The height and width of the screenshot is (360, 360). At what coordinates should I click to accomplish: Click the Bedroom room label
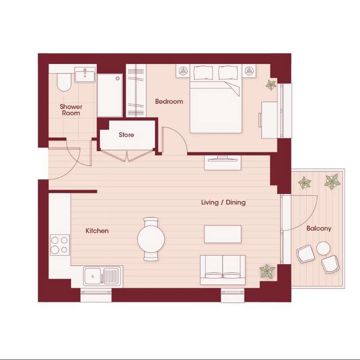coord(169,102)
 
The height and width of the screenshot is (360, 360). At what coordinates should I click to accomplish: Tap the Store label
coord(126,135)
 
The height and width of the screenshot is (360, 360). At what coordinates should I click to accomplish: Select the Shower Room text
coord(71,110)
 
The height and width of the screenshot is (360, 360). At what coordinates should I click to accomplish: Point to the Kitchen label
coord(97,231)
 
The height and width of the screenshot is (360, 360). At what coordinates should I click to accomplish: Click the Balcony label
coord(319,229)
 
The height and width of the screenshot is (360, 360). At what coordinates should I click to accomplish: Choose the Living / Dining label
coord(223,202)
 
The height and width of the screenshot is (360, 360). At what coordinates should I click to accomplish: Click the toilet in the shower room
coord(64,82)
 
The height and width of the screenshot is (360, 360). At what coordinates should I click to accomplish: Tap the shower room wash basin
coord(85,75)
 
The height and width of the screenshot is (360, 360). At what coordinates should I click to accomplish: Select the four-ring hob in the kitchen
coord(60,245)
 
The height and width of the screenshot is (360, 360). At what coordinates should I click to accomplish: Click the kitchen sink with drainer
coord(102,276)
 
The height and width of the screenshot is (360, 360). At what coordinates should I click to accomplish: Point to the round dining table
coord(151,239)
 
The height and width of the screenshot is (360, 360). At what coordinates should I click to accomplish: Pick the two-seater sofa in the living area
coord(223,270)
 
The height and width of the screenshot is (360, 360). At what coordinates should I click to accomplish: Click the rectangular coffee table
coord(223,234)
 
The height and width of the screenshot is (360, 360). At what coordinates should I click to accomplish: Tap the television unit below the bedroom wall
coord(223,163)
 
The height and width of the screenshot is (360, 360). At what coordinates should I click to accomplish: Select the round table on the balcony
coord(323,248)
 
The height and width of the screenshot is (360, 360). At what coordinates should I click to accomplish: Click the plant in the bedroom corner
coord(271,85)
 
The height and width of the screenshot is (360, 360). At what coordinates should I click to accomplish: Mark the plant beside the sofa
coord(267,271)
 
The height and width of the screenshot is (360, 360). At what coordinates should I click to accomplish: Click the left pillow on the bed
coord(203,72)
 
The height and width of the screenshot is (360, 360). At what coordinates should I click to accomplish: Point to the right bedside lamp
coord(249,71)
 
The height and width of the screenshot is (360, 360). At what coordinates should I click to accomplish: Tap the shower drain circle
coord(118,78)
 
